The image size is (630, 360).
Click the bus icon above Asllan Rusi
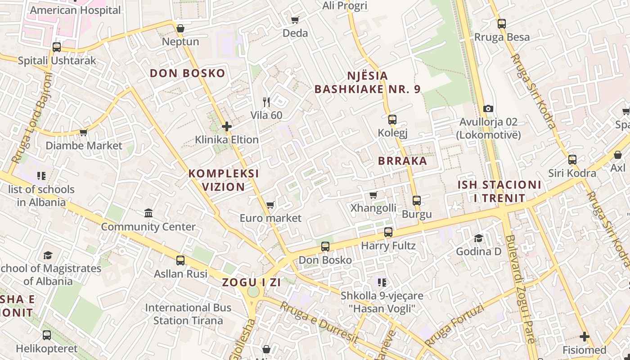[x=180, y=260]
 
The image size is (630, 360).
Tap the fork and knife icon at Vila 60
[x=266, y=102]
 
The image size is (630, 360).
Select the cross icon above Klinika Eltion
[x=227, y=126]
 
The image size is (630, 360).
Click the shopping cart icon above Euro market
[x=270, y=205]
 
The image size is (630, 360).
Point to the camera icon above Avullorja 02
[x=488, y=108]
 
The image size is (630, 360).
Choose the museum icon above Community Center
[x=148, y=213]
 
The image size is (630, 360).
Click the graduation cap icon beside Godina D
[x=478, y=238]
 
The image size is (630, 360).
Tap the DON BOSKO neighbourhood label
[x=187, y=73]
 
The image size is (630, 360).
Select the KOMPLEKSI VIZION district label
[x=223, y=180]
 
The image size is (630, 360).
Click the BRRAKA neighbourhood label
[x=402, y=161]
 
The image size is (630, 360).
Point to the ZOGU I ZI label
[x=251, y=283]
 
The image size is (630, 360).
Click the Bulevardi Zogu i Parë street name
[x=520, y=288]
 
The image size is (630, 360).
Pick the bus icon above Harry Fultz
[x=388, y=232]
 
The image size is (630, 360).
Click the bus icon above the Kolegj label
[x=392, y=119]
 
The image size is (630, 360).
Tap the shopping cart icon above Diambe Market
[x=83, y=132]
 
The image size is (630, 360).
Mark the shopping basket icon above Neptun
[x=180, y=29]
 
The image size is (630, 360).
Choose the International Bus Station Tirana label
[x=188, y=314]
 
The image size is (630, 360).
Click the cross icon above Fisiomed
[x=584, y=336]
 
